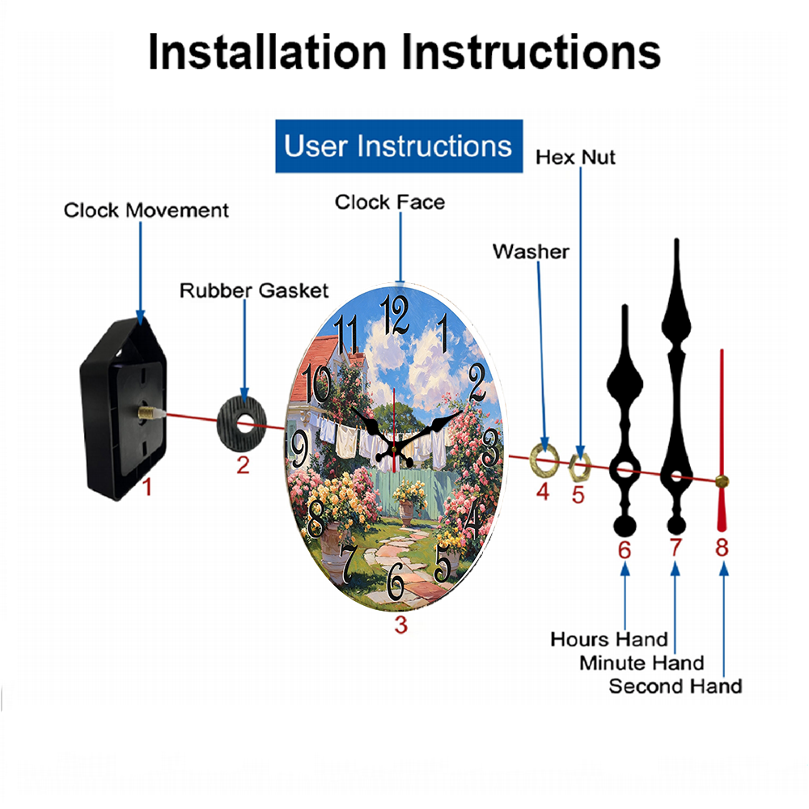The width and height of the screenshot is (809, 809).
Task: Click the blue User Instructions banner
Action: (399, 146)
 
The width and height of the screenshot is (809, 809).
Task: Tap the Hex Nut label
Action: (575, 158)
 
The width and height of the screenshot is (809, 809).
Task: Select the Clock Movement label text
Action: (146, 210)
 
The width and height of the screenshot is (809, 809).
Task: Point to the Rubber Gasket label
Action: (254, 290)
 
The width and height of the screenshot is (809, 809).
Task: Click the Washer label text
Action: (531, 252)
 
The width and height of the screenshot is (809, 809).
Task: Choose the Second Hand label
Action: (676, 686)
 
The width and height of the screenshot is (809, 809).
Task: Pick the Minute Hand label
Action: (642, 663)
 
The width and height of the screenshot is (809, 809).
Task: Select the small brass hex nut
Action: (579, 468)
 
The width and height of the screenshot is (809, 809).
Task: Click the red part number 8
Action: (722, 548)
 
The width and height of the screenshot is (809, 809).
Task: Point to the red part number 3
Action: (401, 625)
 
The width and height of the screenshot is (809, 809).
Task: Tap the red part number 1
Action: (147, 487)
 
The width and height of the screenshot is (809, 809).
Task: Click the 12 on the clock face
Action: (395, 314)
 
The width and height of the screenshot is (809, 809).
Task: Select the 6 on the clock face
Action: (396, 582)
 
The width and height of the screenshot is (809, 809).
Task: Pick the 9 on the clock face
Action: (299, 449)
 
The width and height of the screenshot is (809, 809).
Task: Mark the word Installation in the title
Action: (267, 52)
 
